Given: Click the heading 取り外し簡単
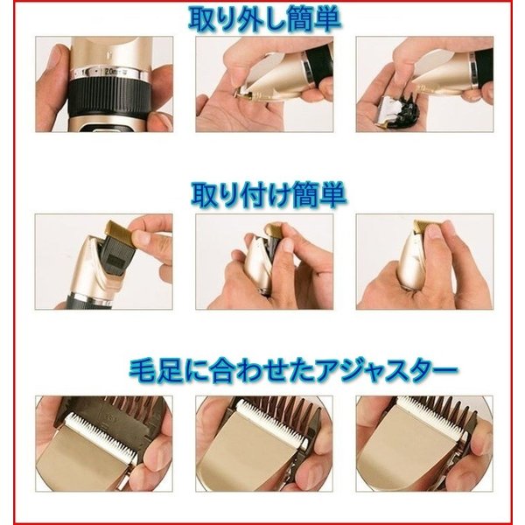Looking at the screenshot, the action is pyautogui.click(x=264, y=20).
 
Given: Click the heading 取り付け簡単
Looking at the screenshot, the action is pyautogui.click(x=269, y=195).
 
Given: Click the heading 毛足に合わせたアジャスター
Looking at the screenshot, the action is pyautogui.click(x=293, y=371).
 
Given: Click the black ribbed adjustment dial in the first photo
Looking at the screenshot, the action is pyautogui.click(x=108, y=97).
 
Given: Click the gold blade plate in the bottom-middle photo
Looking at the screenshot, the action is pyautogui.click(x=248, y=452).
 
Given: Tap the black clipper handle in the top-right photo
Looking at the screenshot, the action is pyautogui.click(x=481, y=67).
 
